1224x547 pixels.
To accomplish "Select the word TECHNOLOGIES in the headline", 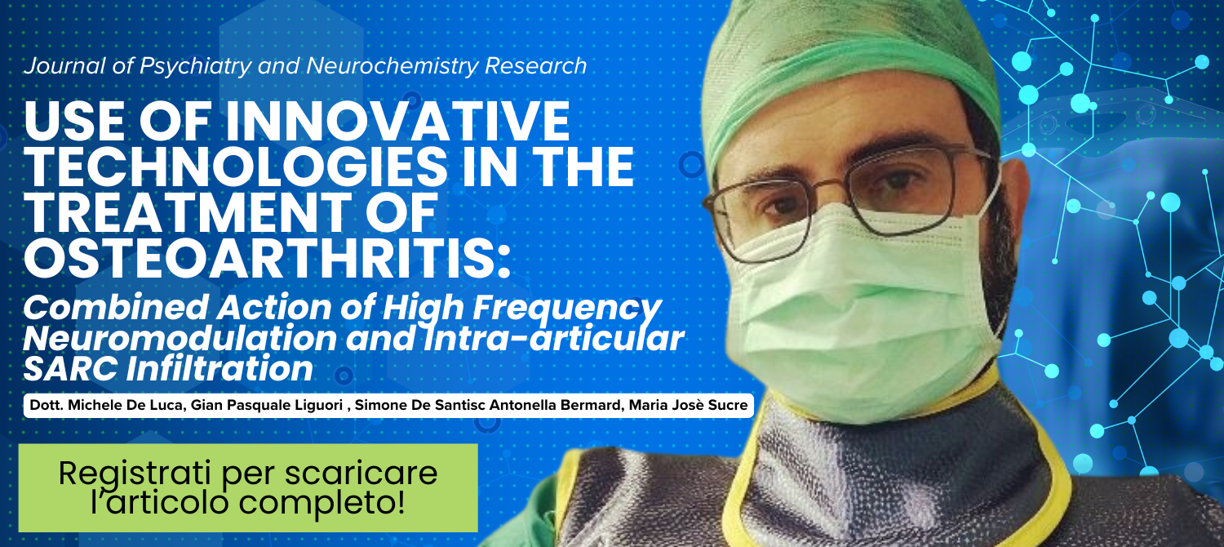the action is click(236, 167).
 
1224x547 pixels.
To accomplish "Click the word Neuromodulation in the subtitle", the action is click(180, 338).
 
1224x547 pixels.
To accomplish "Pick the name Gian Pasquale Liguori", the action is click(267, 406).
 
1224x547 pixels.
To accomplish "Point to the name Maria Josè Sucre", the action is click(688, 406).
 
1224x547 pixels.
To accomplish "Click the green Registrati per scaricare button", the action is click(248, 488).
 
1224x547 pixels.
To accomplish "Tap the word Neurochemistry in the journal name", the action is click(392, 66).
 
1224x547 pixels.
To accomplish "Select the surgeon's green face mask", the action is click(863, 306).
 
